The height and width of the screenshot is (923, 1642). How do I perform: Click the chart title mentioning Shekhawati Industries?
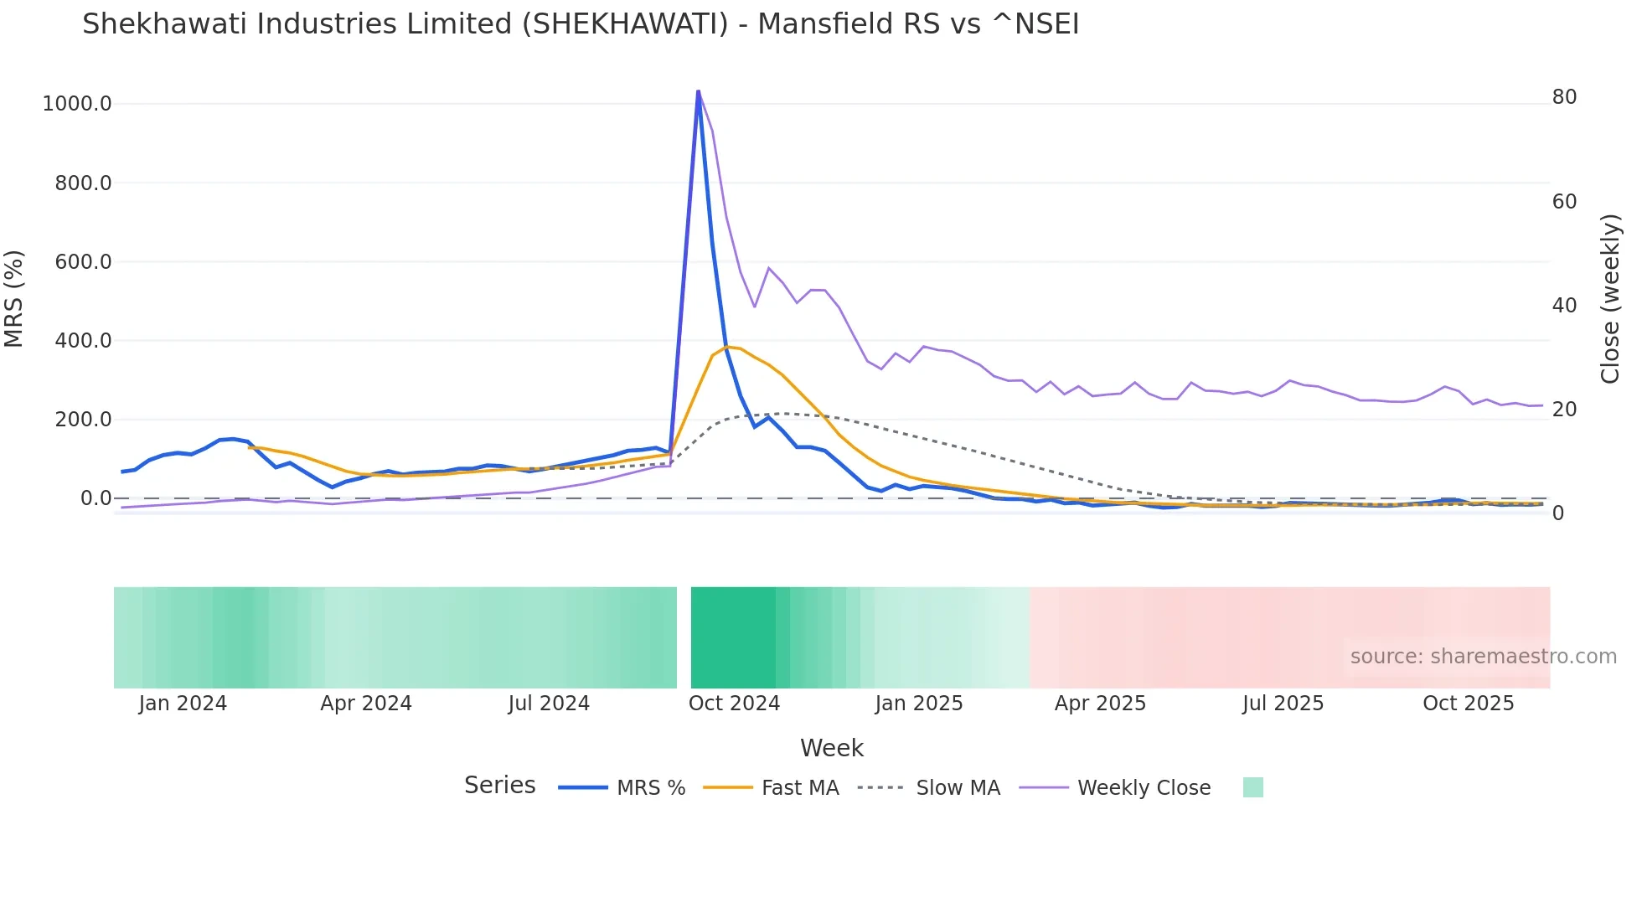581,23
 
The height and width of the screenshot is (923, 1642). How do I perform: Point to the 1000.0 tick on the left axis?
77,104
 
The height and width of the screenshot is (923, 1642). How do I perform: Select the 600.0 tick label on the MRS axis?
83,262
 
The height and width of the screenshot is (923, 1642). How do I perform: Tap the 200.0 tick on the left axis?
83,420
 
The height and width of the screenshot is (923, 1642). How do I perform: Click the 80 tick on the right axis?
1564,97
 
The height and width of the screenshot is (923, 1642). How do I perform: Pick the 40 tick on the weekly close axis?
1564,306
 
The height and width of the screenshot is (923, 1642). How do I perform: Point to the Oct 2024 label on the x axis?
734,704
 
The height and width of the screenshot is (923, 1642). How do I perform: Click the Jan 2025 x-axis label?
919,704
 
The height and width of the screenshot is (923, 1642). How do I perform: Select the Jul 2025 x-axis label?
1283,704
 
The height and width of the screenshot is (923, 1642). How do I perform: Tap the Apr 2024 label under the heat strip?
366,704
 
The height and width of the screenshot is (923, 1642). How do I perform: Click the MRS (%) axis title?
14,299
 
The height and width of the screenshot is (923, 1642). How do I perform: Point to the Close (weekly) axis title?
1609,299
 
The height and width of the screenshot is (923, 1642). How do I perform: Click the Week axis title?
831,748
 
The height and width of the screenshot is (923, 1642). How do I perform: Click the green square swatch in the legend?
1252,787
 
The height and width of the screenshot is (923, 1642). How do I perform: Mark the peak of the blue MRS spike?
698,91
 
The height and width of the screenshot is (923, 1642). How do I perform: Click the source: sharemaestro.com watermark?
1483,657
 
